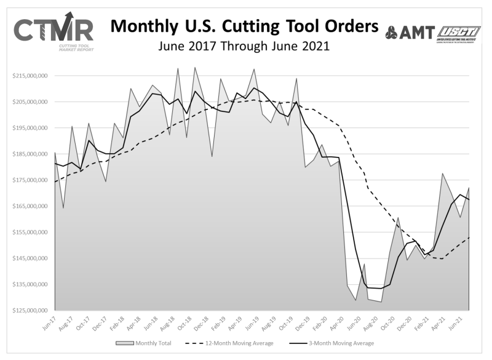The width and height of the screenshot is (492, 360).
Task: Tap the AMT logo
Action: point(410,32)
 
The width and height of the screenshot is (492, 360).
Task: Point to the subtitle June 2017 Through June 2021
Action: point(244,46)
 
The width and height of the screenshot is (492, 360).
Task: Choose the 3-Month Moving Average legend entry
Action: point(339,343)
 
